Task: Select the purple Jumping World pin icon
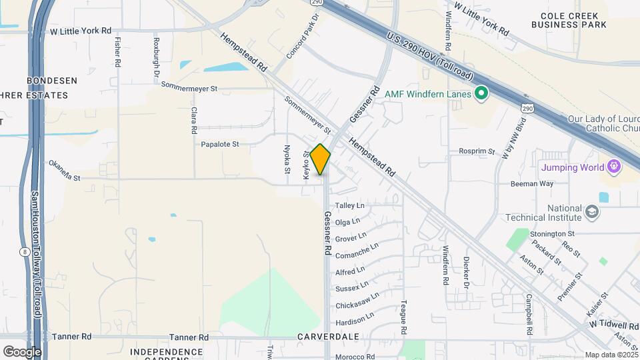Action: coord(613,167)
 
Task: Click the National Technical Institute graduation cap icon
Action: coord(591,212)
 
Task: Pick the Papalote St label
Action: coord(220,144)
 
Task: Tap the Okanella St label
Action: coord(65,170)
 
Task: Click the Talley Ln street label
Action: coord(350,206)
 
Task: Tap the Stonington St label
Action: coord(552,234)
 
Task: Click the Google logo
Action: coord(22,351)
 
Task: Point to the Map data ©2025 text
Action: coord(611,355)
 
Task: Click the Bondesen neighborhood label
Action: coord(52,81)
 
